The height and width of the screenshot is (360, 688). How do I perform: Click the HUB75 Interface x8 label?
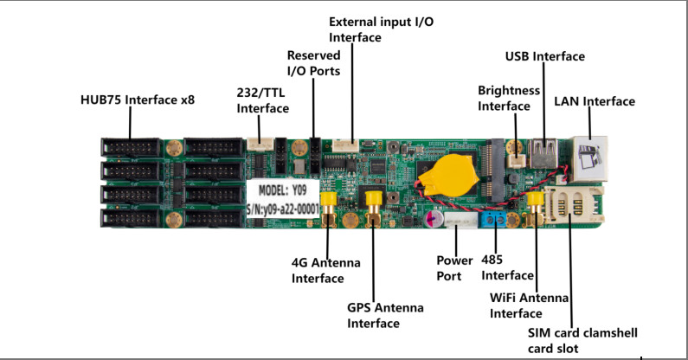click(x=138, y=100)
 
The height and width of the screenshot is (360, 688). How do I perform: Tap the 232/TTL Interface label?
click(x=263, y=100)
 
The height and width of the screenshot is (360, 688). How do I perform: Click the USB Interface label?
click(x=545, y=56)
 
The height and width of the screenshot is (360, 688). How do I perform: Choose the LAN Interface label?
click(x=595, y=101)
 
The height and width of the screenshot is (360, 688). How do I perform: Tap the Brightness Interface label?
click(x=509, y=98)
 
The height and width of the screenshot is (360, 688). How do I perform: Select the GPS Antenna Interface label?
click(x=373, y=315)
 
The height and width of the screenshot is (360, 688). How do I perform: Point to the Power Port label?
click(x=454, y=267)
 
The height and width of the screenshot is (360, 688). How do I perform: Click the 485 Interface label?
click(x=507, y=267)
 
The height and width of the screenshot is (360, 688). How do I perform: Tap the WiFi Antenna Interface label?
click(x=529, y=305)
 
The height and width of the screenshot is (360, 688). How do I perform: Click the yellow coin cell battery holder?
click(x=449, y=173)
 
